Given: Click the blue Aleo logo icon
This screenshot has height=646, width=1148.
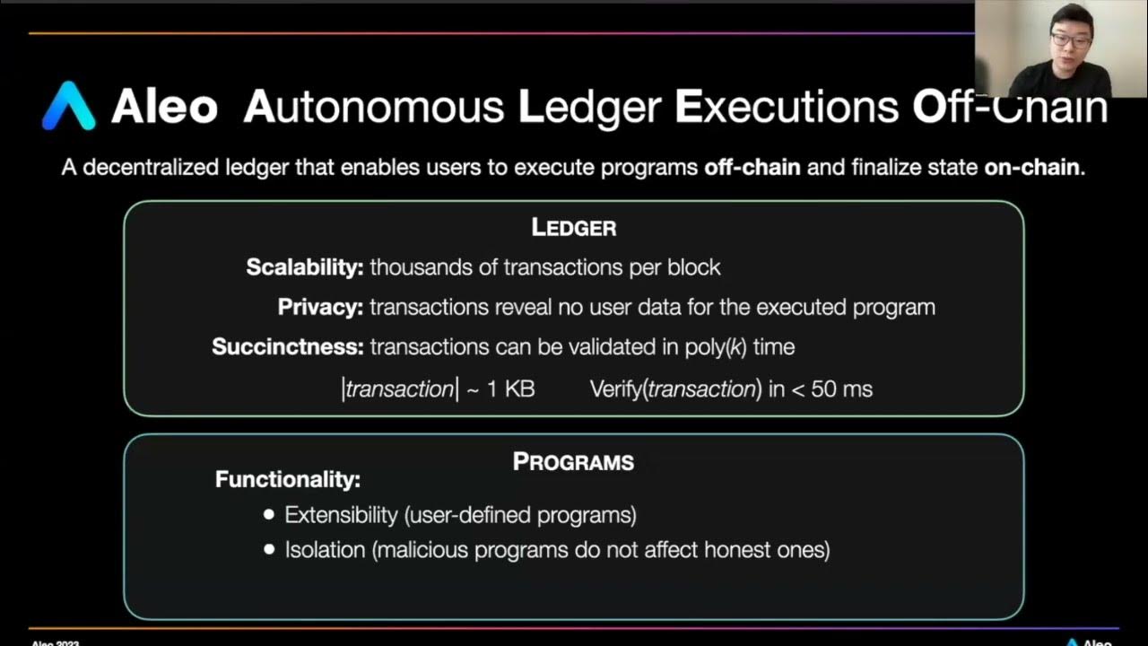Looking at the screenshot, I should pos(69,106).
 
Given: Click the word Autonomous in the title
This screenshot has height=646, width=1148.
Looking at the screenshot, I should pos(373,107).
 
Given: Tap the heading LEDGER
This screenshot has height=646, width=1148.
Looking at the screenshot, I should pos(574,228).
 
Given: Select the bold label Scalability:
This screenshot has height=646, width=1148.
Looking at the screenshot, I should pos(305,267).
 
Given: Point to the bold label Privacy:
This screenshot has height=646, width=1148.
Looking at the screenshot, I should pos(320,307).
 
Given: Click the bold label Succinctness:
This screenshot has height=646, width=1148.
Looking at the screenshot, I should pos(287,347).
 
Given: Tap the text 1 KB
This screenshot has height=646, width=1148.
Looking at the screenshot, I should pos(510,389).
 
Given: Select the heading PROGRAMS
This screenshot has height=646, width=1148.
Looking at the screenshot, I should pos(574,462).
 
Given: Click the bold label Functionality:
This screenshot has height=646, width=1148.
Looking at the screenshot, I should pos(287,479).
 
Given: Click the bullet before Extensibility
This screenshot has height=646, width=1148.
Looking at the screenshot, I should pos(269,515).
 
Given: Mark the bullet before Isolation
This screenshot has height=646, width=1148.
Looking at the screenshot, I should pos(269,549).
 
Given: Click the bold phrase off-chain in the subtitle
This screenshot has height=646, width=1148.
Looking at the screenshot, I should pos(752,168).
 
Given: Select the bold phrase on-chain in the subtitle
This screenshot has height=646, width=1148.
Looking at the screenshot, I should pos(1031,168).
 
